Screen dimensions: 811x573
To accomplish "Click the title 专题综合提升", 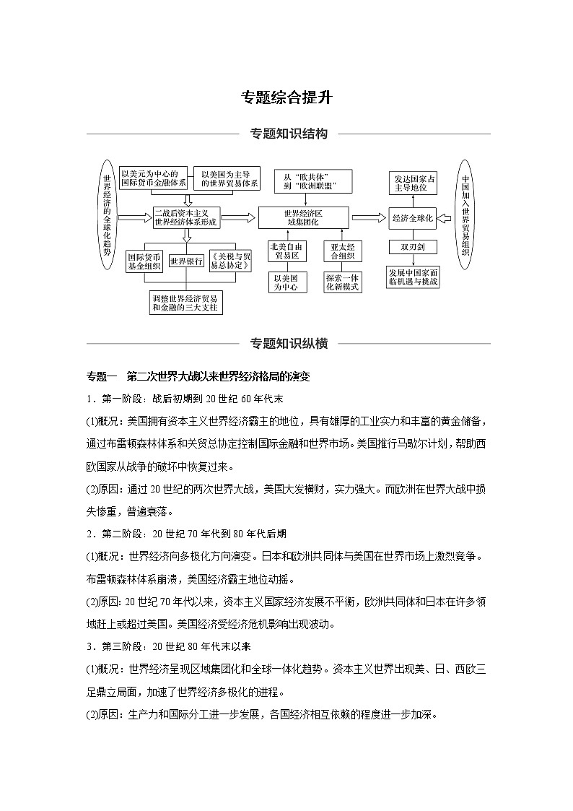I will [286, 97].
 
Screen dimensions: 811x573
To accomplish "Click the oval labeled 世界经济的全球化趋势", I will [107, 216].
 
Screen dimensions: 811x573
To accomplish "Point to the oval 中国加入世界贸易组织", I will [465, 216].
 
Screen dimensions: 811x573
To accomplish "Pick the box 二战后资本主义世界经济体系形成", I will [186, 217].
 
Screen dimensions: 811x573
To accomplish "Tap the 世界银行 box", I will [186, 261].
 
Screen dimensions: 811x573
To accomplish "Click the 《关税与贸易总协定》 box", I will [230, 261].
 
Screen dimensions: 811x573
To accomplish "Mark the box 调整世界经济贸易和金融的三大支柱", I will [186, 303].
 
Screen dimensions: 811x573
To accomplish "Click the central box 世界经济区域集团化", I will [302, 217].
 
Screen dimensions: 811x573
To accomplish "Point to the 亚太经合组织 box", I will [343, 251].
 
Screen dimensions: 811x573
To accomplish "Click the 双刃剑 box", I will [412, 247].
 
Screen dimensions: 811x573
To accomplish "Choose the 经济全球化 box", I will [412, 217].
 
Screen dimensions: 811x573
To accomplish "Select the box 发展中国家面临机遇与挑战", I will [412, 277].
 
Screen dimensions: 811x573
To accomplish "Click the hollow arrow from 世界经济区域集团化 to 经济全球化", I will [369, 217].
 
